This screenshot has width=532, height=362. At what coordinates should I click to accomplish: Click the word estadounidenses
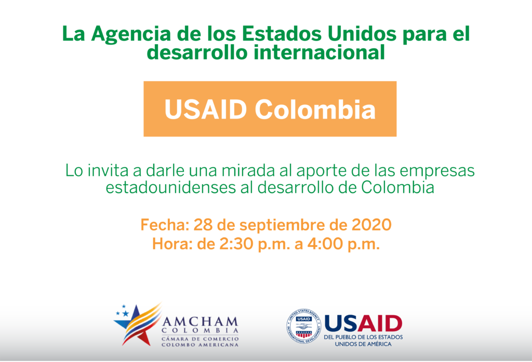170,187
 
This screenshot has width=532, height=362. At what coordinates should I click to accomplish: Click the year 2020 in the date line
371,225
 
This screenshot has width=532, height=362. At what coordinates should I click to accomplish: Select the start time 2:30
236,244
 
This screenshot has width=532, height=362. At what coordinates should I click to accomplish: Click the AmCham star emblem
137,325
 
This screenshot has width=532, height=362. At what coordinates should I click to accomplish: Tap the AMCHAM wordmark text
200,321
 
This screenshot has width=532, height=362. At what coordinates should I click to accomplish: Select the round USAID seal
304,326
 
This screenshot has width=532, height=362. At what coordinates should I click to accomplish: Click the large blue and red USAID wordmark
363,324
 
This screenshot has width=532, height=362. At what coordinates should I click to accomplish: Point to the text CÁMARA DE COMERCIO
200,339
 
